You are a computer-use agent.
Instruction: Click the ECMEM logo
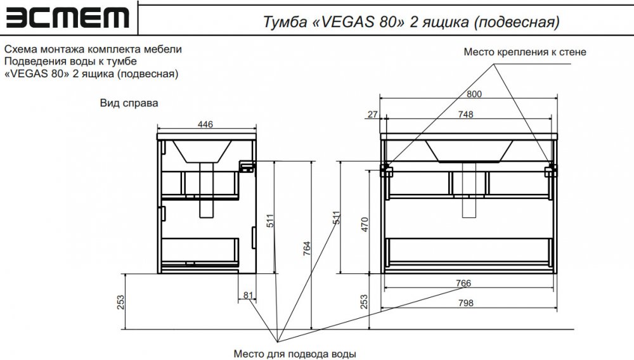click(68, 18)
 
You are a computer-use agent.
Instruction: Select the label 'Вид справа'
click(129, 103)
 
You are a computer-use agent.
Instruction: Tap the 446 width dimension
click(205, 124)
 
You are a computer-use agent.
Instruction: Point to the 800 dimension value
click(474, 94)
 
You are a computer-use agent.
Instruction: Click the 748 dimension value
click(465, 115)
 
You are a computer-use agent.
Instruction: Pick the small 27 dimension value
click(372, 114)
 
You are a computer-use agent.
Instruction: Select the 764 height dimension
click(307, 248)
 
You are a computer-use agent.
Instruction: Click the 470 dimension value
click(365, 224)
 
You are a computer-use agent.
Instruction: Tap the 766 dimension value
click(463, 283)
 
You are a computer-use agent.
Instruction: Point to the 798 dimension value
click(466, 303)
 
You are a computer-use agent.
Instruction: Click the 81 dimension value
click(248, 295)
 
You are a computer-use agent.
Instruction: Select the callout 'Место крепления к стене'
click(525, 52)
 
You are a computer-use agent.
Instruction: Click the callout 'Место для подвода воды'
click(295, 354)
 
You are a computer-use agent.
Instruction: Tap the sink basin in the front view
click(469, 151)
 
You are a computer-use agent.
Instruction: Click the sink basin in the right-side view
click(202, 151)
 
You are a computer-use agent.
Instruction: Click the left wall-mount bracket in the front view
click(386, 170)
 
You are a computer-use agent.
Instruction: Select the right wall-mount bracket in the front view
click(550, 170)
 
